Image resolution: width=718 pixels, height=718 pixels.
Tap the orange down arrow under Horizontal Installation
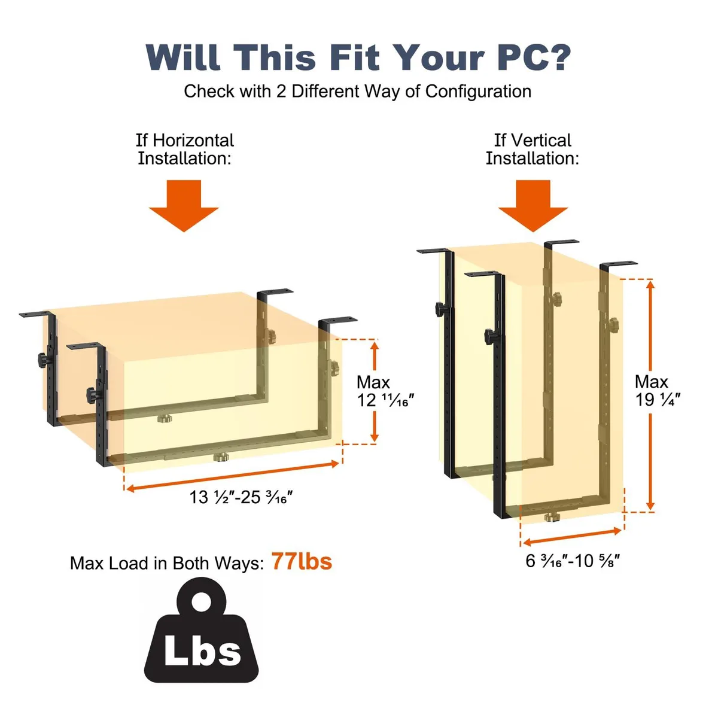click(x=184, y=206)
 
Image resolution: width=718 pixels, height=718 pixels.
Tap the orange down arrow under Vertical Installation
click(x=533, y=206)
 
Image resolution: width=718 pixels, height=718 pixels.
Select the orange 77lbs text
click(x=301, y=561)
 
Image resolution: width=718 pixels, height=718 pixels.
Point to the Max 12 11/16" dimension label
click(x=385, y=391)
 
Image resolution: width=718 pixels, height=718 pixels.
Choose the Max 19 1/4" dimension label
click(x=658, y=391)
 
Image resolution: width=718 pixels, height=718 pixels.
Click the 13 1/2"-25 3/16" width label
click(x=241, y=497)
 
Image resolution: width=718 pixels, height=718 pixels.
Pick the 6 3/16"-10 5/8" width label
click(x=573, y=561)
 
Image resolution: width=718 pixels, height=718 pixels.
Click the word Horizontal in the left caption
click(x=193, y=141)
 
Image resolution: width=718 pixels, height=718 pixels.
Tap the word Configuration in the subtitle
click(x=478, y=92)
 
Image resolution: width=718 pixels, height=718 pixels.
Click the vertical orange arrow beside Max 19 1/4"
click(x=650, y=395)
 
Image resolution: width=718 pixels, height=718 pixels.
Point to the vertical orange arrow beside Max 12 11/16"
click(x=375, y=391)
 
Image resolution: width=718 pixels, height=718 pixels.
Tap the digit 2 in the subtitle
click(x=281, y=92)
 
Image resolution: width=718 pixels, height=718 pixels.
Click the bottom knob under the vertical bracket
click(x=552, y=518)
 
